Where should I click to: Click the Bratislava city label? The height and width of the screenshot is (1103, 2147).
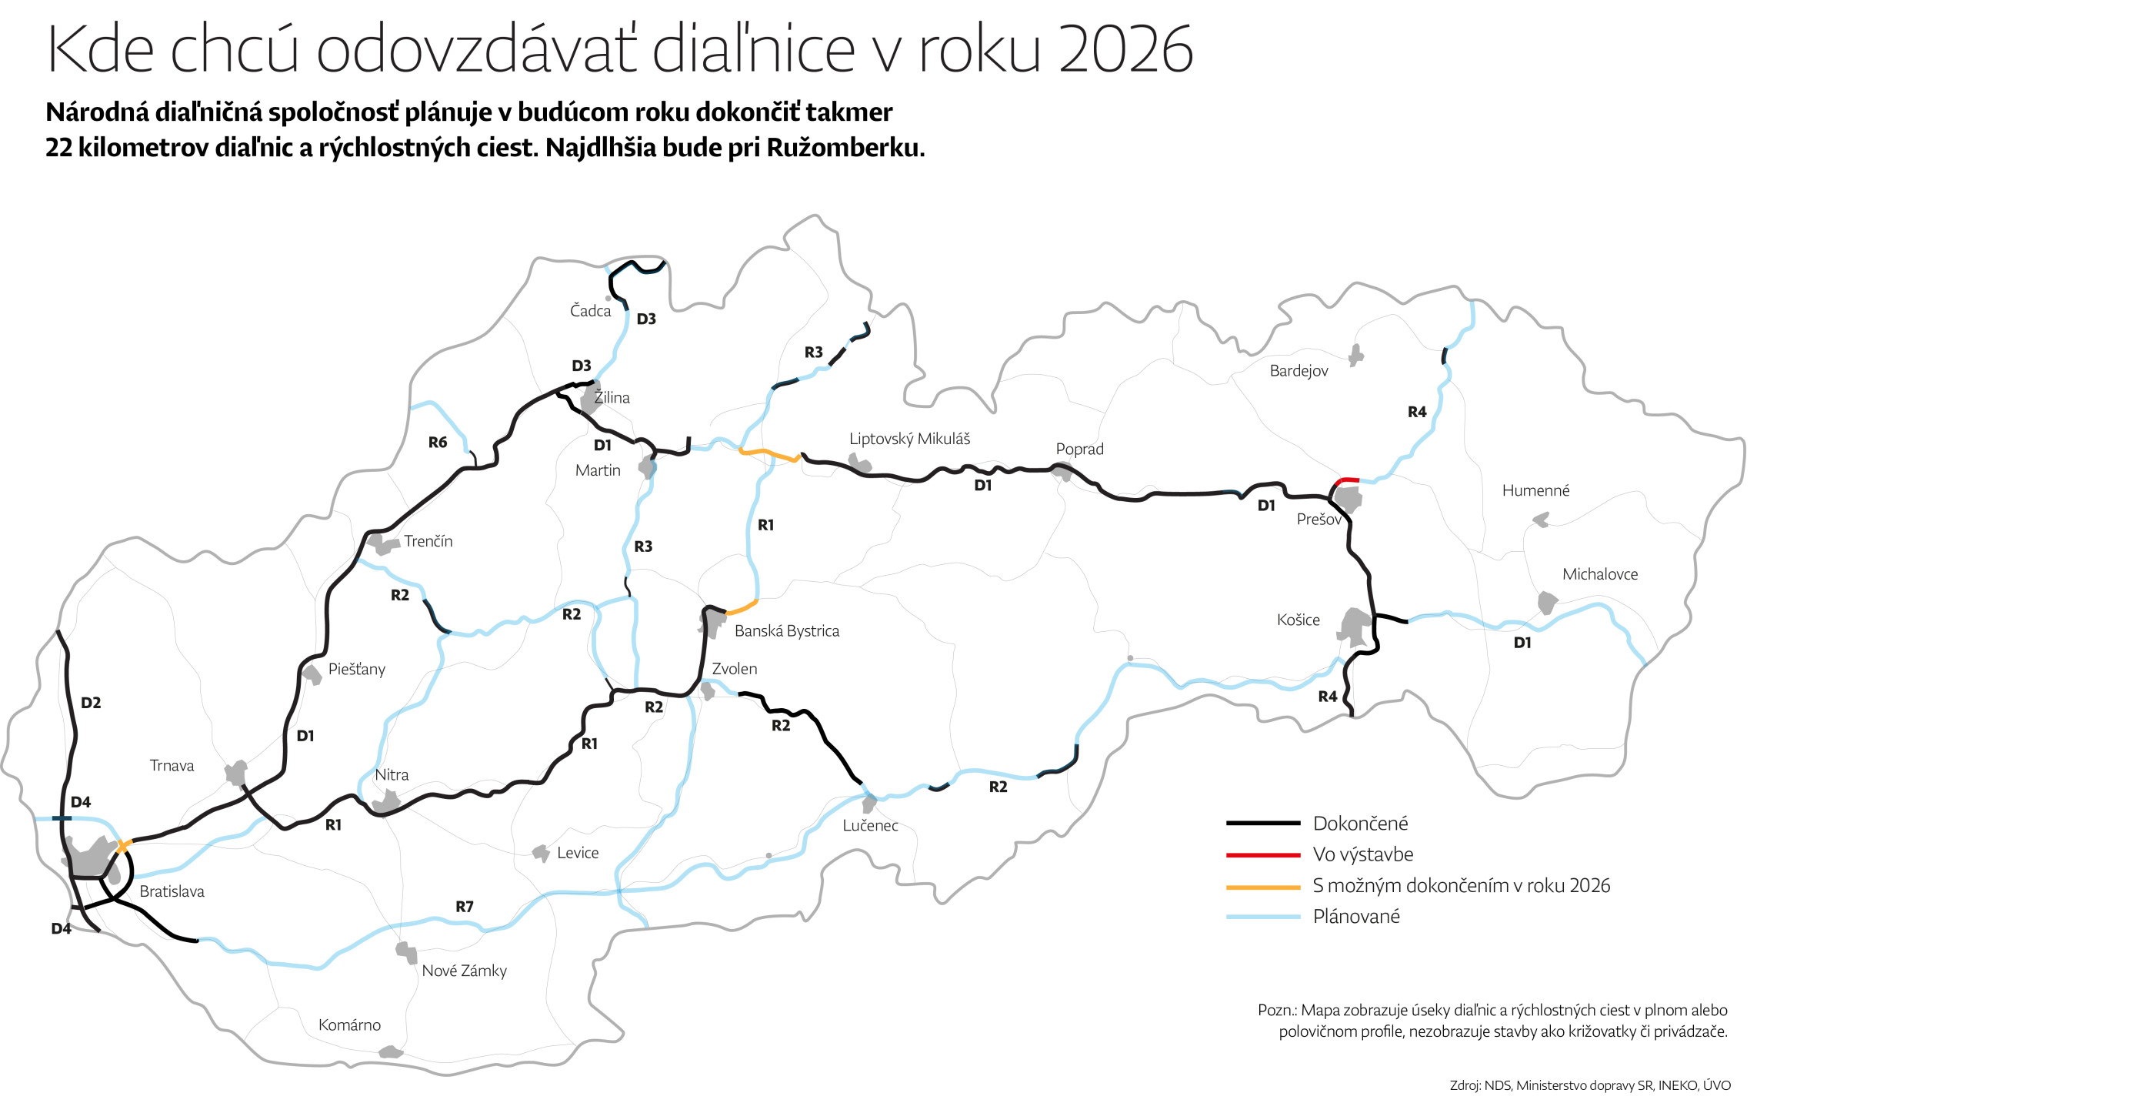coord(172,891)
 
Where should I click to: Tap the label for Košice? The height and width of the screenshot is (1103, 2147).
coord(1298,620)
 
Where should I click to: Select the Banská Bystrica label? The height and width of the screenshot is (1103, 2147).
coord(786,631)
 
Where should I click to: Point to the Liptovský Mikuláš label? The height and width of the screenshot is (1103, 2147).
coord(909,439)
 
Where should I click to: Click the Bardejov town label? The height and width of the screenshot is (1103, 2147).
coord(1299,371)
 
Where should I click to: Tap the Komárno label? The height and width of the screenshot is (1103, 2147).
coord(349,1024)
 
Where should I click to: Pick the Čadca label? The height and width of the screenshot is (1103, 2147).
coord(590,311)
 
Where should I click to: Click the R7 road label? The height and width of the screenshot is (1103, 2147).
coord(464,906)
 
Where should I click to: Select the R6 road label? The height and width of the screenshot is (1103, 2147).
coord(438,443)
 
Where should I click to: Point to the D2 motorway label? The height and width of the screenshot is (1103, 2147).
coord(91,703)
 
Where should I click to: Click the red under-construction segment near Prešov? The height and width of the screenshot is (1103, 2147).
coord(1347,480)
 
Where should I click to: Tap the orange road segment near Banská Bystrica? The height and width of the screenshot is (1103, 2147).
coord(742,608)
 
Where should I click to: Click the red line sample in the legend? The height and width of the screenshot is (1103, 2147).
coord(1262,854)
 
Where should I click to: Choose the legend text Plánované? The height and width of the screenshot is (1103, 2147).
coord(1356,916)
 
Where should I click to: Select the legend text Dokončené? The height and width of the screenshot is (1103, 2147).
coord(1360,824)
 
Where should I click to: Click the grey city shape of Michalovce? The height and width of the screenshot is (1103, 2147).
coord(1547,602)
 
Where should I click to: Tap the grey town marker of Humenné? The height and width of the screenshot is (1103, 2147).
coord(1541,520)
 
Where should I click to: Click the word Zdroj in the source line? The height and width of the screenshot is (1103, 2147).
coord(1465,1085)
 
